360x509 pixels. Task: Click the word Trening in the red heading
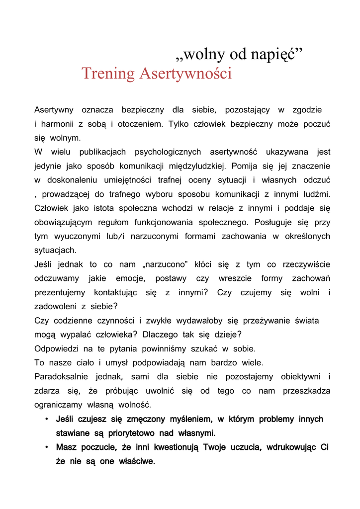coord(108,74)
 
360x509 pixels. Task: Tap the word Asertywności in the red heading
coord(185,74)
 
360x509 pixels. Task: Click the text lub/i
coord(115,236)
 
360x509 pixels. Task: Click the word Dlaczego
coord(159,335)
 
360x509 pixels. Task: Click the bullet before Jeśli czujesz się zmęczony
coord(46,419)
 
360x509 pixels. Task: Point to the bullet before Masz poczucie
coord(46,447)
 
